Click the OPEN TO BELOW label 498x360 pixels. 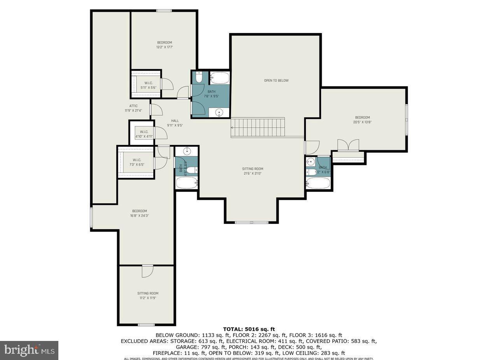(276, 81)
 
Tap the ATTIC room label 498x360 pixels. (133, 106)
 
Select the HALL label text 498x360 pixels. (175, 121)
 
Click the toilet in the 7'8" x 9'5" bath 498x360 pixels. (199, 77)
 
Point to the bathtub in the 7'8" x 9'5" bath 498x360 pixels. (219, 78)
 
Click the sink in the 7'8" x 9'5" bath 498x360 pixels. (219, 113)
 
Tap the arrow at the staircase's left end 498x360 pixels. (232, 127)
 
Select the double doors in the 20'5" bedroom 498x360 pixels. (348, 145)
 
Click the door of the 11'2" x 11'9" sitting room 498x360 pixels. (147, 271)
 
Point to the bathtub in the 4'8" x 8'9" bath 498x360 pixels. (186, 183)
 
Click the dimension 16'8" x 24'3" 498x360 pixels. (139, 216)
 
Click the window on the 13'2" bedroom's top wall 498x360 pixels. (164, 11)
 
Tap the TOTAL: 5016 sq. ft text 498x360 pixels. (249, 329)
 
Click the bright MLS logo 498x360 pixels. (29, 350)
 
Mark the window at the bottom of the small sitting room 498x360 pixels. (146, 325)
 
